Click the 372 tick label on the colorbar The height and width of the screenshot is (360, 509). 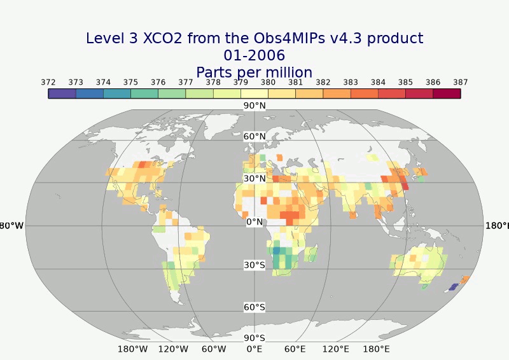48,82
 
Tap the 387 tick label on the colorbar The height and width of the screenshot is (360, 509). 461,82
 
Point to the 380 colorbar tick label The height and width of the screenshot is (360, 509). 268,82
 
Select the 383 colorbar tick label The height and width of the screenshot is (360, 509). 351,82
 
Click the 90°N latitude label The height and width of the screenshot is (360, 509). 254,106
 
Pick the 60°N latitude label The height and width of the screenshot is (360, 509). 254,137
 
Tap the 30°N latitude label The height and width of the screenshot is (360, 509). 254,179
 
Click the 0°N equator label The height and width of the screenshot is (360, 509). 254,222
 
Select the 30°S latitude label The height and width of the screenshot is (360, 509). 254,265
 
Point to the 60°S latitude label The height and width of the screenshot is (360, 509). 254,308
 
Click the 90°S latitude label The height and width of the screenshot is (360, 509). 254,338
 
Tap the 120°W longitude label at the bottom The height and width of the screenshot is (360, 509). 173,349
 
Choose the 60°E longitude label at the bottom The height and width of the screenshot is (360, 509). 295,349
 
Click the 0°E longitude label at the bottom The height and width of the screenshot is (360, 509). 254,349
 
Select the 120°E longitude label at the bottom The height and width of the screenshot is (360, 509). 336,349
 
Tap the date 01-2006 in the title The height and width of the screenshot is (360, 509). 254,55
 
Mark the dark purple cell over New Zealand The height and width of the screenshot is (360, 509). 453,287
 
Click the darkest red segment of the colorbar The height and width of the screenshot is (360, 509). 447,93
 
